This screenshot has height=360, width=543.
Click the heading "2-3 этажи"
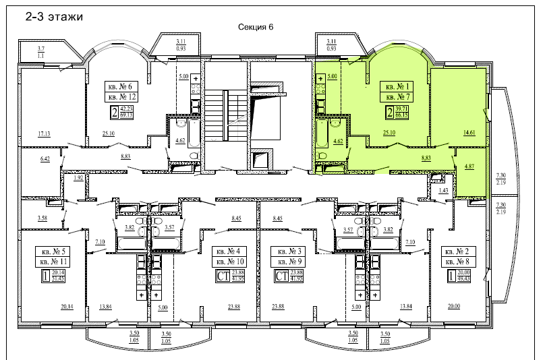tap(53, 18)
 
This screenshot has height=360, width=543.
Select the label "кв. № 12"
tap(122, 97)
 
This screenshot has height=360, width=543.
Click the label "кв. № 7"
tap(398, 97)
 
